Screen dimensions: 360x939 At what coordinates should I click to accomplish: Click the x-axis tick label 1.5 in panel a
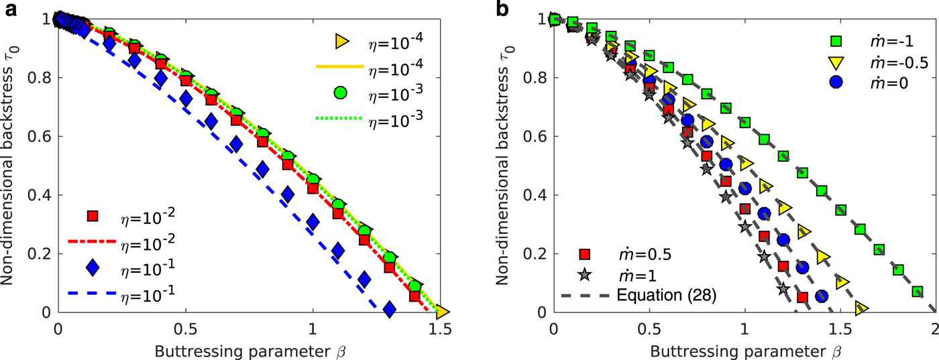click(x=439, y=331)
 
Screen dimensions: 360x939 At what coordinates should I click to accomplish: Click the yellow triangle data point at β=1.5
click(x=442, y=312)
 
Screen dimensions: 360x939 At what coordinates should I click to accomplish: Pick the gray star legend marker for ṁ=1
click(x=585, y=274)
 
